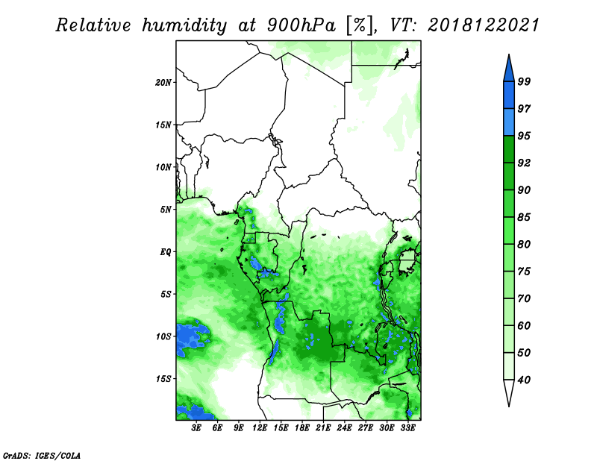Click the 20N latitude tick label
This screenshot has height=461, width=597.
[x=163, y=83]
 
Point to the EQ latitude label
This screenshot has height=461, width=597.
[x=166, y=252]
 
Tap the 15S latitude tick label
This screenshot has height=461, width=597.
[x=163, y=379]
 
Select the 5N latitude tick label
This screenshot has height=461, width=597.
[x=166, y=210]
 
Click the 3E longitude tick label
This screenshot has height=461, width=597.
[x=196, y=428]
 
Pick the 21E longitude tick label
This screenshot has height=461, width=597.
[x=323, y=428]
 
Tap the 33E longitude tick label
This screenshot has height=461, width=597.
[x=407, y=428]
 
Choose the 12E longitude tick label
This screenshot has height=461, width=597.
[x=260, y=428]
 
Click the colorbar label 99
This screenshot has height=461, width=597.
[x=524, y=81]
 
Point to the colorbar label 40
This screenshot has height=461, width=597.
[x=524, y=380]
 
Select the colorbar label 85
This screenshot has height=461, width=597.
[x=524, y=217]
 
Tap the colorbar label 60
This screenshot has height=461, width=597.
[x=524, y=325]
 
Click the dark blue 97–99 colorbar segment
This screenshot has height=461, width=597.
[x=509, y=95]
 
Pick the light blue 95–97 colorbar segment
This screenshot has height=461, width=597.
[x=509, y=122]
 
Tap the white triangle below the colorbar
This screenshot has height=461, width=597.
[x=509, y=392]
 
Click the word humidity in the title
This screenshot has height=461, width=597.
[x=184, y=25]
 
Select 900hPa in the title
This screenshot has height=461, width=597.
[x=301, y=25]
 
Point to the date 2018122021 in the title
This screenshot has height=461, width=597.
[x=484, y=25]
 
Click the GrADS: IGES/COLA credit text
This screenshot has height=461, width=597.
[x=42, y=455]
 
